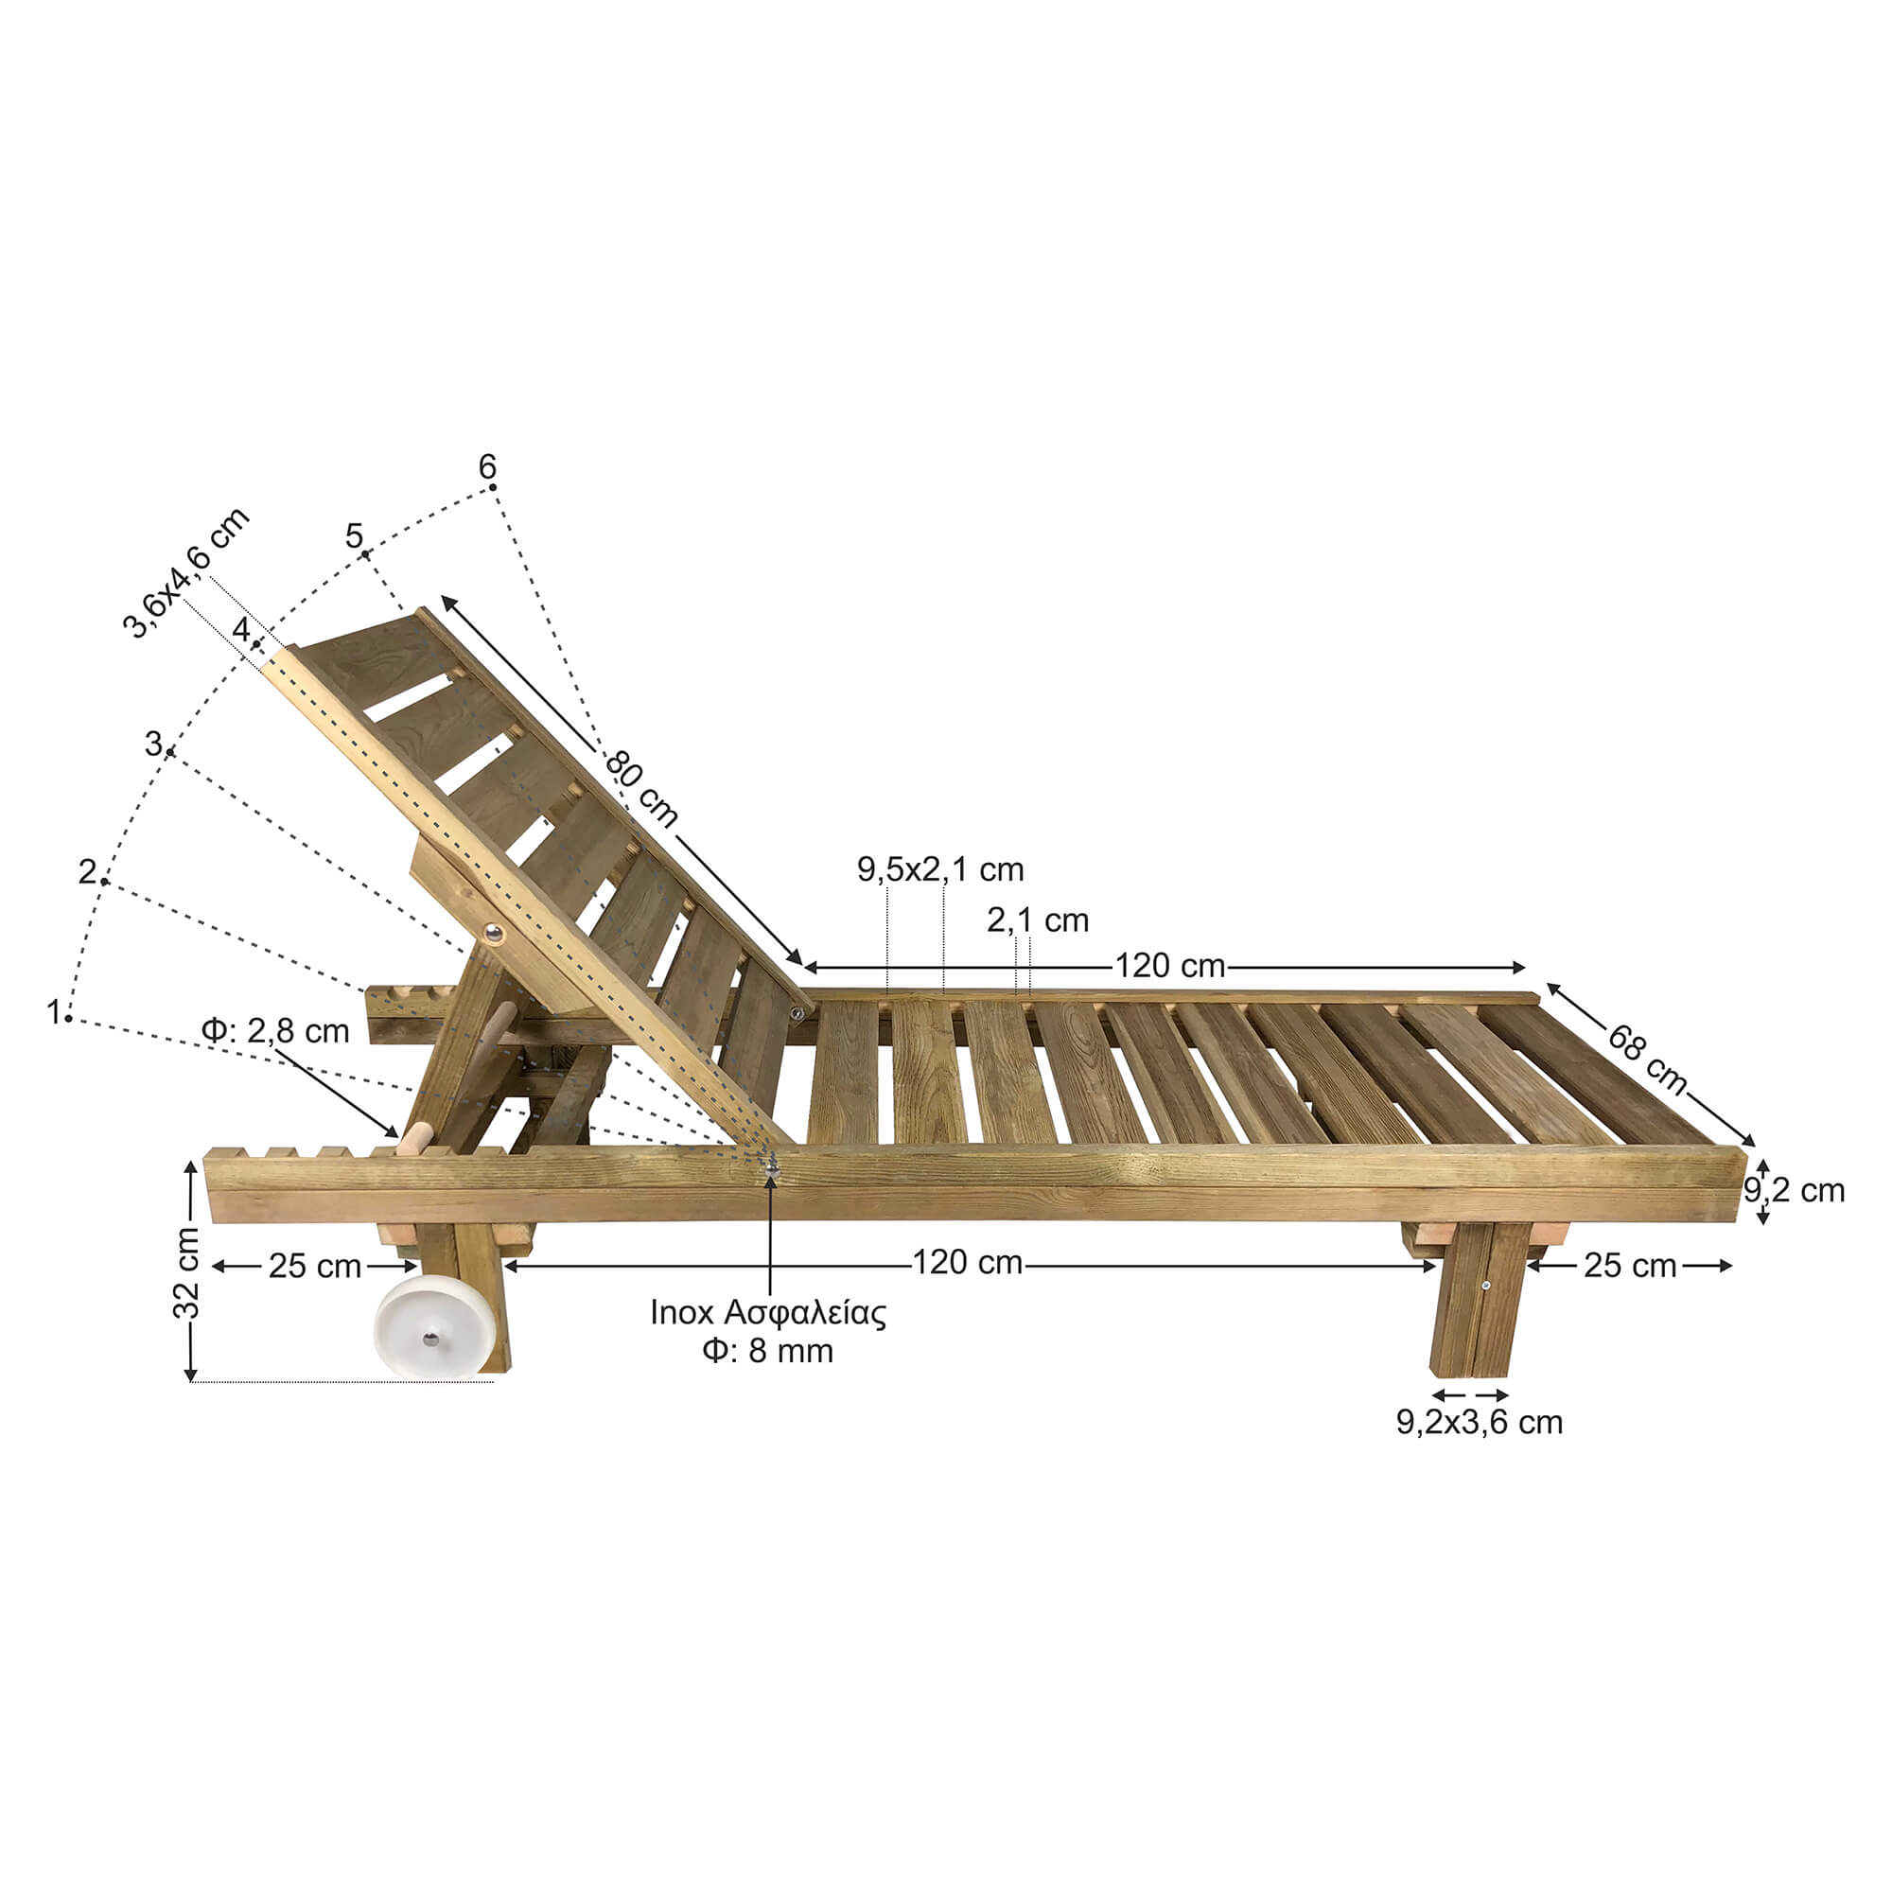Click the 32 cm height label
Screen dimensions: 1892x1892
tap(186, 1272)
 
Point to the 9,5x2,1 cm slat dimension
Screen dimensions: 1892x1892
tap(940, 868)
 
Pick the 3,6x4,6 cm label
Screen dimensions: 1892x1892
tap(186, 573)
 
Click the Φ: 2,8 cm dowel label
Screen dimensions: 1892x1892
tap(275, 1030)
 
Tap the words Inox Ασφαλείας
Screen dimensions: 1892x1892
tap(768, 1313)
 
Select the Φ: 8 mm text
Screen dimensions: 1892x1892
tap(768, 1352)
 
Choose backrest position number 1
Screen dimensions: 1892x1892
tap(54, 1011)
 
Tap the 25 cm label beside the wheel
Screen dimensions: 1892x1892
tap(315, 1267)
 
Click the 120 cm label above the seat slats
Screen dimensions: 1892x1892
tap(1170, 966)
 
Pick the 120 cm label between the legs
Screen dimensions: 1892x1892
tap(968, 1262)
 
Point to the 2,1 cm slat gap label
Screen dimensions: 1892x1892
tap(1038, 920)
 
